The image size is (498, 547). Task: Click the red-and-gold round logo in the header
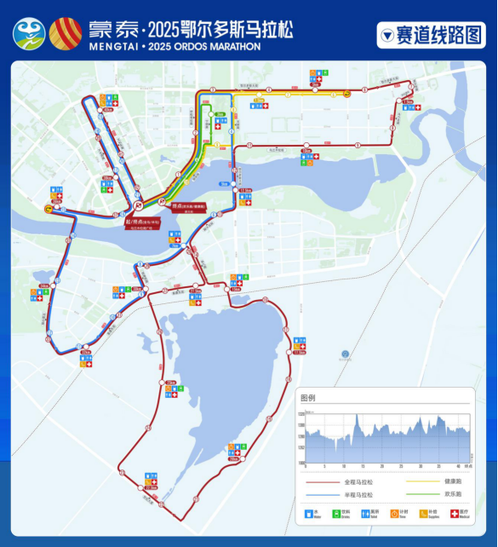click(x=66, y=32)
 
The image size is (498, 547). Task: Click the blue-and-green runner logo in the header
click(x=29, y=33)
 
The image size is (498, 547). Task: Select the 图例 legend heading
click(x=308, y=397)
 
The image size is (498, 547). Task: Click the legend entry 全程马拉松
click(x=358, y=481)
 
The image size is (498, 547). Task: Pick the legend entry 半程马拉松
click(x=358, y=494)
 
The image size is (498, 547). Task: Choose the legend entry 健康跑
click(x=452, y=481)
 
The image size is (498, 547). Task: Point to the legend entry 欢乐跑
click(x=452, y=494)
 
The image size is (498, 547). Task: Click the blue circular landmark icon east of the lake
click(x=345, y=354)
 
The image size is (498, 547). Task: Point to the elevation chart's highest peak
click(x=357, y=415)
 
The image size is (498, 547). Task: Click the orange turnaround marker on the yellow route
click(x=347, y=95)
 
